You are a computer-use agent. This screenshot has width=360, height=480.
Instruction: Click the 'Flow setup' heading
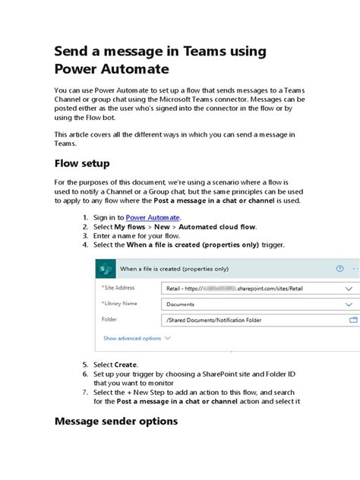(x=82, y=163)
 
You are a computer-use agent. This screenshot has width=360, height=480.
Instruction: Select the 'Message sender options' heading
(x=116, y=421)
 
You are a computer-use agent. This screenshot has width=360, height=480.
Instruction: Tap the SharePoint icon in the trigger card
(x=106, y=269)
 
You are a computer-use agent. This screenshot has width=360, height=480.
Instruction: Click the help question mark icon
(x=339, y=269)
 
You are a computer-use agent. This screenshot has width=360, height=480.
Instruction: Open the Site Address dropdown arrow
(x=349, y=289)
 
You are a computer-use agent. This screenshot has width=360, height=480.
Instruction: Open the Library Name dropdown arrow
(x=349, y=305)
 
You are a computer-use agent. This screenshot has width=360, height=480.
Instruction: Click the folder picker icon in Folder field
(x=353, y=321)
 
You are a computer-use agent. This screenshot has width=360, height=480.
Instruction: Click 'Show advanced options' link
(x=132, y=338)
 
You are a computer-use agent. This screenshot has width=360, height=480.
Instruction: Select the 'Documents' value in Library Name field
(x=181, y=305)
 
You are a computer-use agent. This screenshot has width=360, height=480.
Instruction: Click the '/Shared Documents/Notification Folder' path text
(x=213, y=321)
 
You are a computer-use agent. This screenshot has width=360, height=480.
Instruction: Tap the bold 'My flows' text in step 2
(x=131, y=226)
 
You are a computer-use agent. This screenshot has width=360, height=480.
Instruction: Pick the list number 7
(x=85, y=392)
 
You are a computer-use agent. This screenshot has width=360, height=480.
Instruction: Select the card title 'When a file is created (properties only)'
(x=174, y=269)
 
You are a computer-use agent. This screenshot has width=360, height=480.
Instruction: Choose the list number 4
(x=85, y=245)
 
